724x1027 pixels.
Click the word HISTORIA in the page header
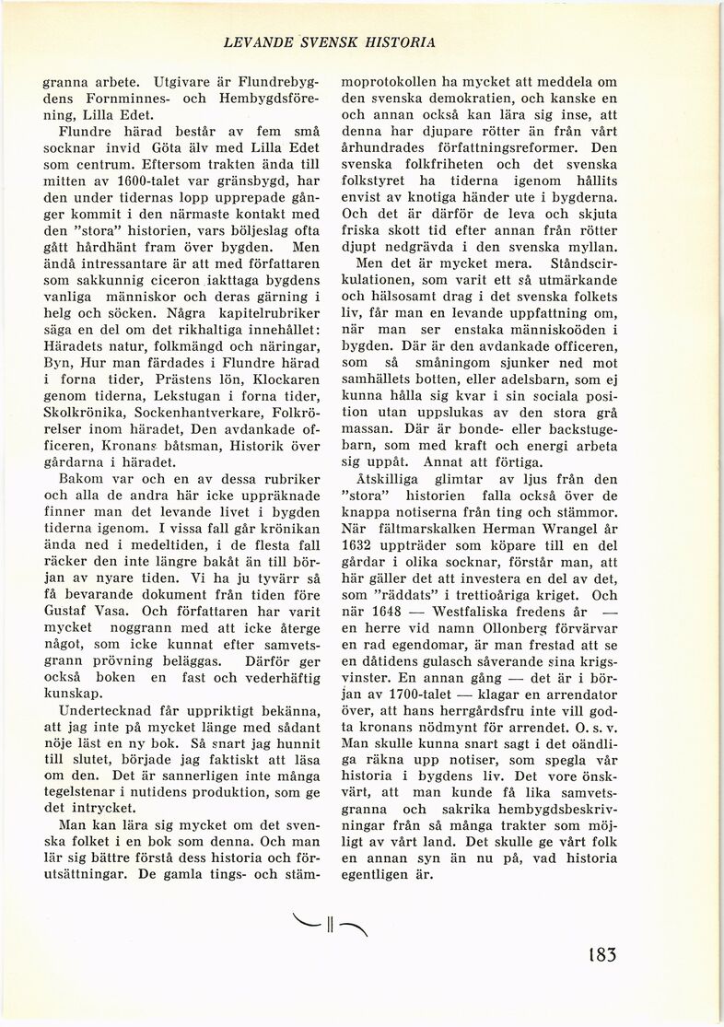401,42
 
